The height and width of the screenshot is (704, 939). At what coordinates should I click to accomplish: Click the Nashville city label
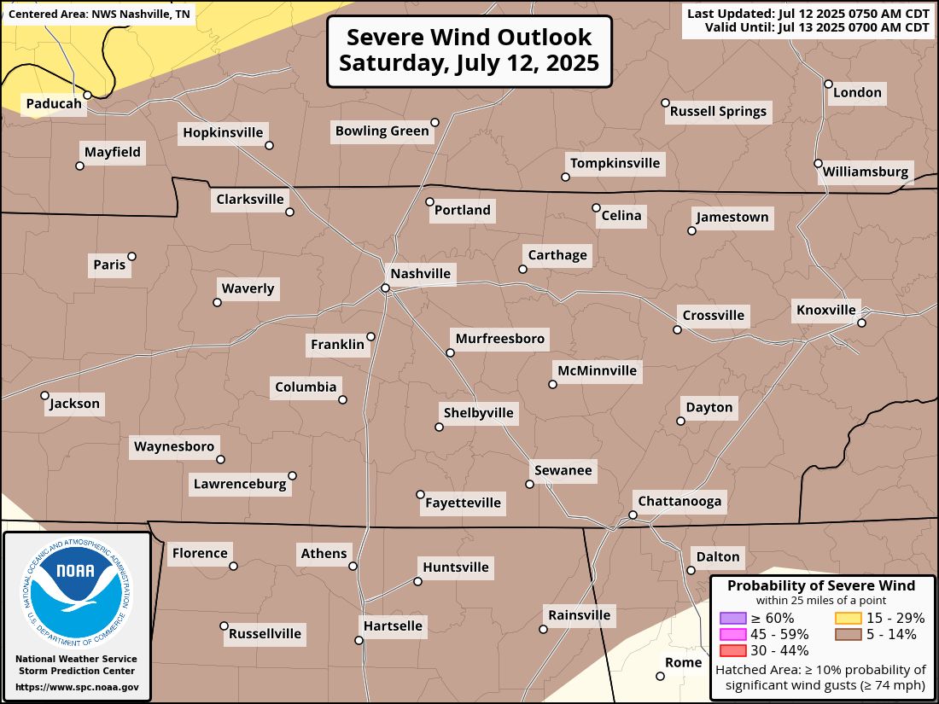[x=420, y=274]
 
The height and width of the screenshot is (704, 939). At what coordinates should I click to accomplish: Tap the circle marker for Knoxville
[x=861, y=323]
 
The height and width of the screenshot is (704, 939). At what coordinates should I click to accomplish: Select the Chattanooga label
[x=679, y=501]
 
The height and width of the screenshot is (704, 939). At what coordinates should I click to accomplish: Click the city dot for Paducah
[x=87, y=95]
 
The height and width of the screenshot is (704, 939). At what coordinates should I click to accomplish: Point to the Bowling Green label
[x=382, y=131]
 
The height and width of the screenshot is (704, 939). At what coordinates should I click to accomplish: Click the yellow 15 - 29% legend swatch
[x=848, y=618]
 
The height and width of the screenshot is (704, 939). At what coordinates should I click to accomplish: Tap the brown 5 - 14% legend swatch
[x=848, y=634]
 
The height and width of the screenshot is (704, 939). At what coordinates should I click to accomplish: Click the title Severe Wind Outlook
[x=469, y=38]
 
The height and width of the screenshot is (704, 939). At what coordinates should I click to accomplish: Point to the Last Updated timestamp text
[x=808, y=15]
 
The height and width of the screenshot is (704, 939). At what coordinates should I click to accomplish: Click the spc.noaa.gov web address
[x=77, y=687]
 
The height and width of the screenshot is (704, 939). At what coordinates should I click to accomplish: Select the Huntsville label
[x=456, y=567]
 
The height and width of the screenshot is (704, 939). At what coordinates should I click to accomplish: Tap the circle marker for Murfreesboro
[x=450, y=352]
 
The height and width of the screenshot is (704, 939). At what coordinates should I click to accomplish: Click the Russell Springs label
[x=718, y=111]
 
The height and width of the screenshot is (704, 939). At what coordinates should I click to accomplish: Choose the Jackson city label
[x=75, y=404]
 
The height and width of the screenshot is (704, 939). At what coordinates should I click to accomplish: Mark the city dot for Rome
[x=660, y=676]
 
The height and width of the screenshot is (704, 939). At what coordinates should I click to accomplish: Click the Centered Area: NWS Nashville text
[x=100, y=15]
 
